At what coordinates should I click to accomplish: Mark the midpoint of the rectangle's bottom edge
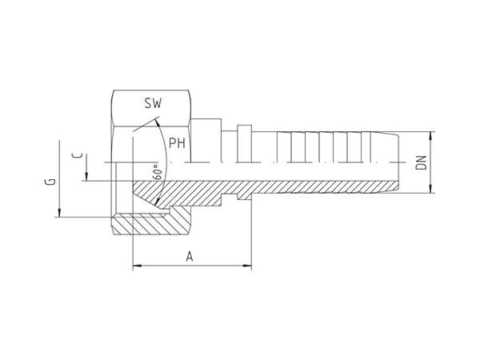coord(240,270)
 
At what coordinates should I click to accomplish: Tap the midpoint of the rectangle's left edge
coord(44,180)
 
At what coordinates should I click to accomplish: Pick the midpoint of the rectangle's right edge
coord(435,180)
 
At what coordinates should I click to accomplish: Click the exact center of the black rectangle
coord(240,180)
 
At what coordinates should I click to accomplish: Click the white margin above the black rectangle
coord(240,44)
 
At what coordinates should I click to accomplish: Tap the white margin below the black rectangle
coord(240,315)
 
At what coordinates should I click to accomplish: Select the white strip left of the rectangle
coord(22,180)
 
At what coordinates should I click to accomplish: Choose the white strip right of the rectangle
coord(458,180)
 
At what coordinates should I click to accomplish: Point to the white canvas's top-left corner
coord(1,1)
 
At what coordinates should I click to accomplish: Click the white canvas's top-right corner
coord(478,1)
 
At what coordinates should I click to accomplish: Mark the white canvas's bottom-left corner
coord(1,358)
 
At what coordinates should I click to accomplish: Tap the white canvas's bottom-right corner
coord(478,358)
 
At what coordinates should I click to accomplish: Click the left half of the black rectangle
coord(142,180)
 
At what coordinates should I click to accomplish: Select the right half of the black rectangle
coord(338,180)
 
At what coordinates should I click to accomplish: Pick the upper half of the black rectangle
coord(240,134)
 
